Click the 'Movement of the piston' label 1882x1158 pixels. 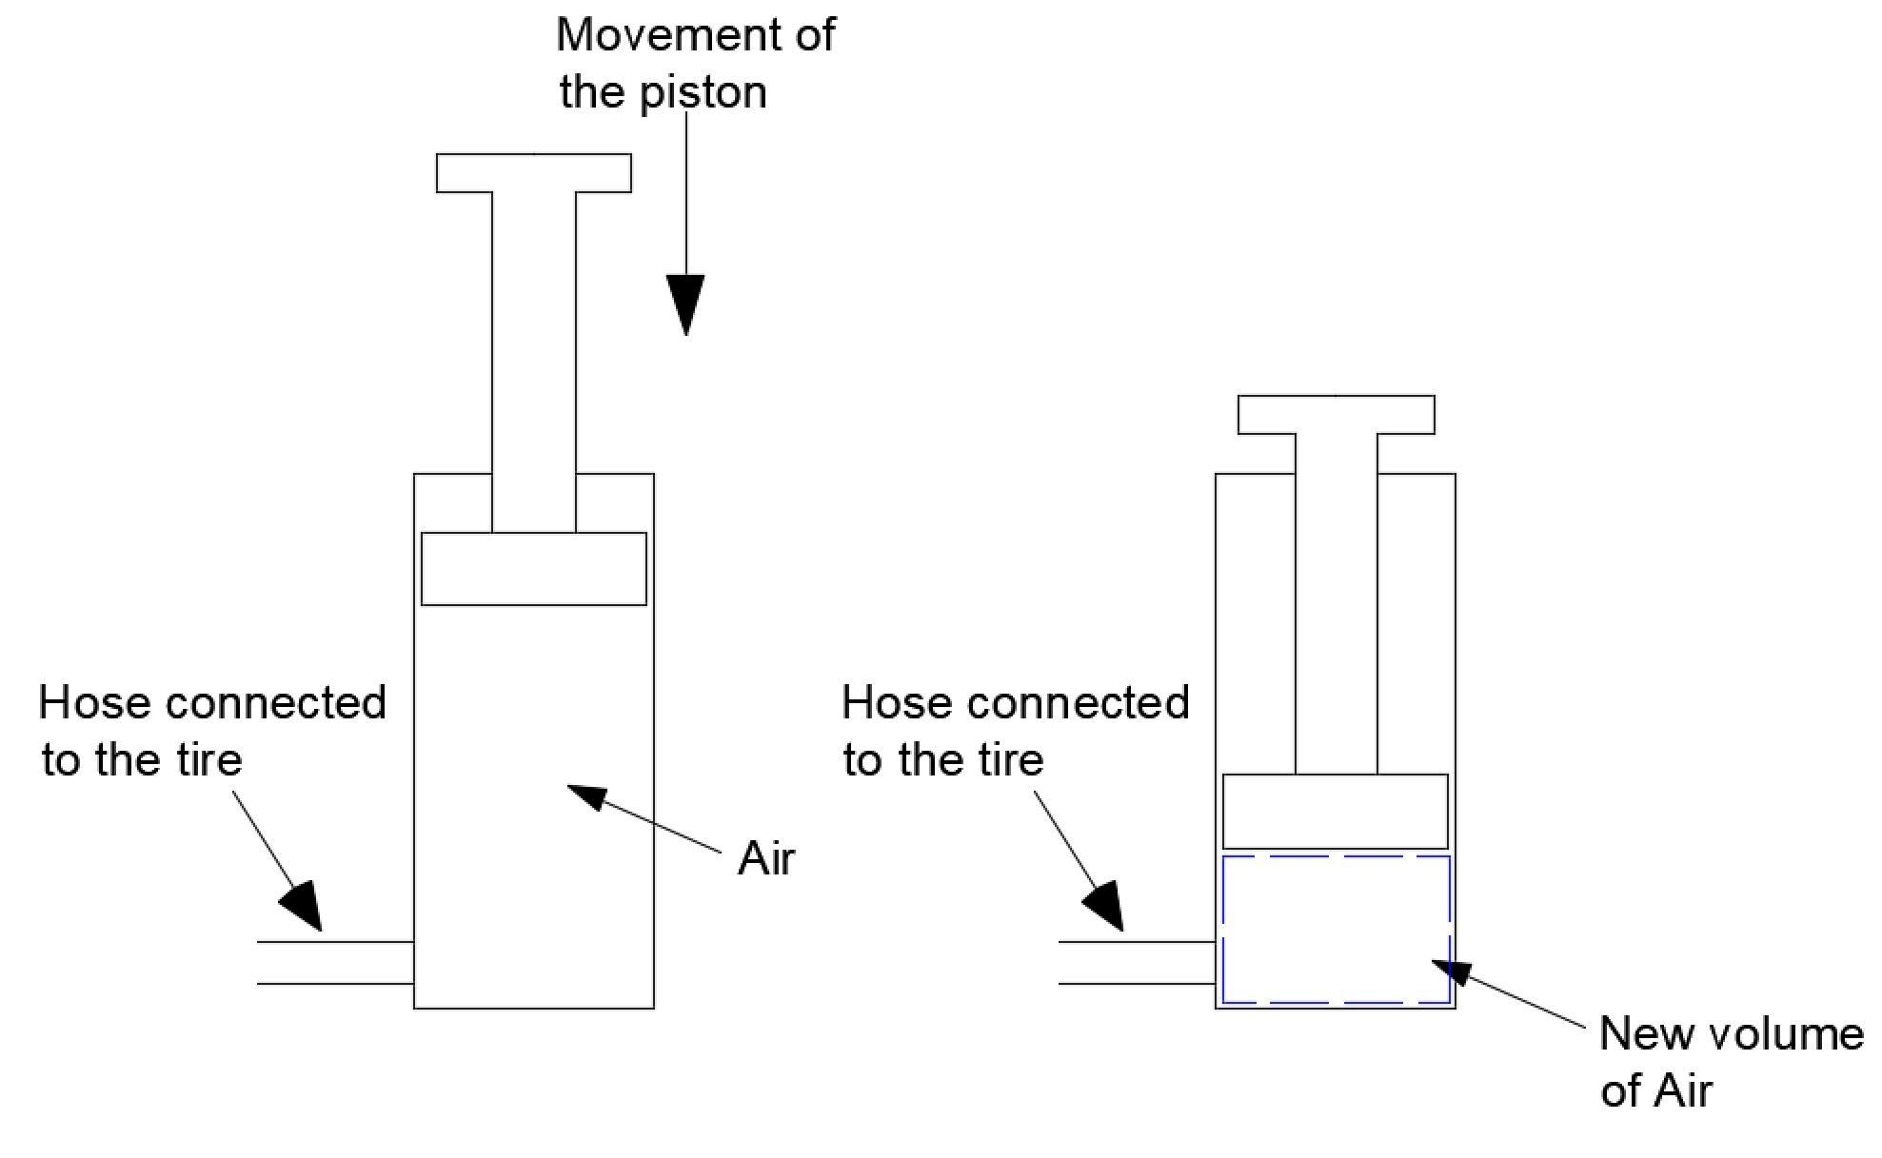695,64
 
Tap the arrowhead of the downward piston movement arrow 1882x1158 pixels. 685,303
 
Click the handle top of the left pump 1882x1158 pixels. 533,173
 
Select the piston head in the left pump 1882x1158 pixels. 533,569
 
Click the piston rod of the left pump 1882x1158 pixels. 533,362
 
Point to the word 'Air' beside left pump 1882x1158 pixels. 765,859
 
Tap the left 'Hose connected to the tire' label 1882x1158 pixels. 211,731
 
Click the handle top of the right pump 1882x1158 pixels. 1336,415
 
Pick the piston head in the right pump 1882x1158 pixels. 1335,812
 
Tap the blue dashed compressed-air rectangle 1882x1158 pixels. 1335,929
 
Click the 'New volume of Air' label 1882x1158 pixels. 1731,1061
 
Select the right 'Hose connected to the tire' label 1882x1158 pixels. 1015,731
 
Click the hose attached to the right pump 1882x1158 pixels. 1137,963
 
